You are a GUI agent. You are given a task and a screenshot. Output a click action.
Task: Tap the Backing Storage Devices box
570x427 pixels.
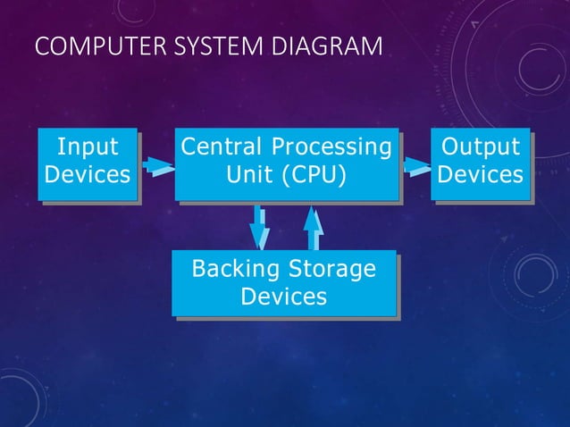284,281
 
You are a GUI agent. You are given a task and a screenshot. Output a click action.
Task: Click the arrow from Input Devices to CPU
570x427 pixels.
156,165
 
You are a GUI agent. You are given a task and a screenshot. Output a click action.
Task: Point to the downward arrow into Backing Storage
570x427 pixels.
259,228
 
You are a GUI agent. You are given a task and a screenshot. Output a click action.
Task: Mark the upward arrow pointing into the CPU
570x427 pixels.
313,226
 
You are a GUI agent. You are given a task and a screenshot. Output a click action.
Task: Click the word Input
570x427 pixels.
87,147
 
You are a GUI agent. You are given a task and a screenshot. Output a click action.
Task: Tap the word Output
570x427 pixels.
481,147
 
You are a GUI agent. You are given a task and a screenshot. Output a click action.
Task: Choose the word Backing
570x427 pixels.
233,268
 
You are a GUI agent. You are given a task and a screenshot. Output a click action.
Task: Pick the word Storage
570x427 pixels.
331,268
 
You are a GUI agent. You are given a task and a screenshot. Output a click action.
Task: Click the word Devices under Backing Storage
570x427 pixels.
284,296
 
